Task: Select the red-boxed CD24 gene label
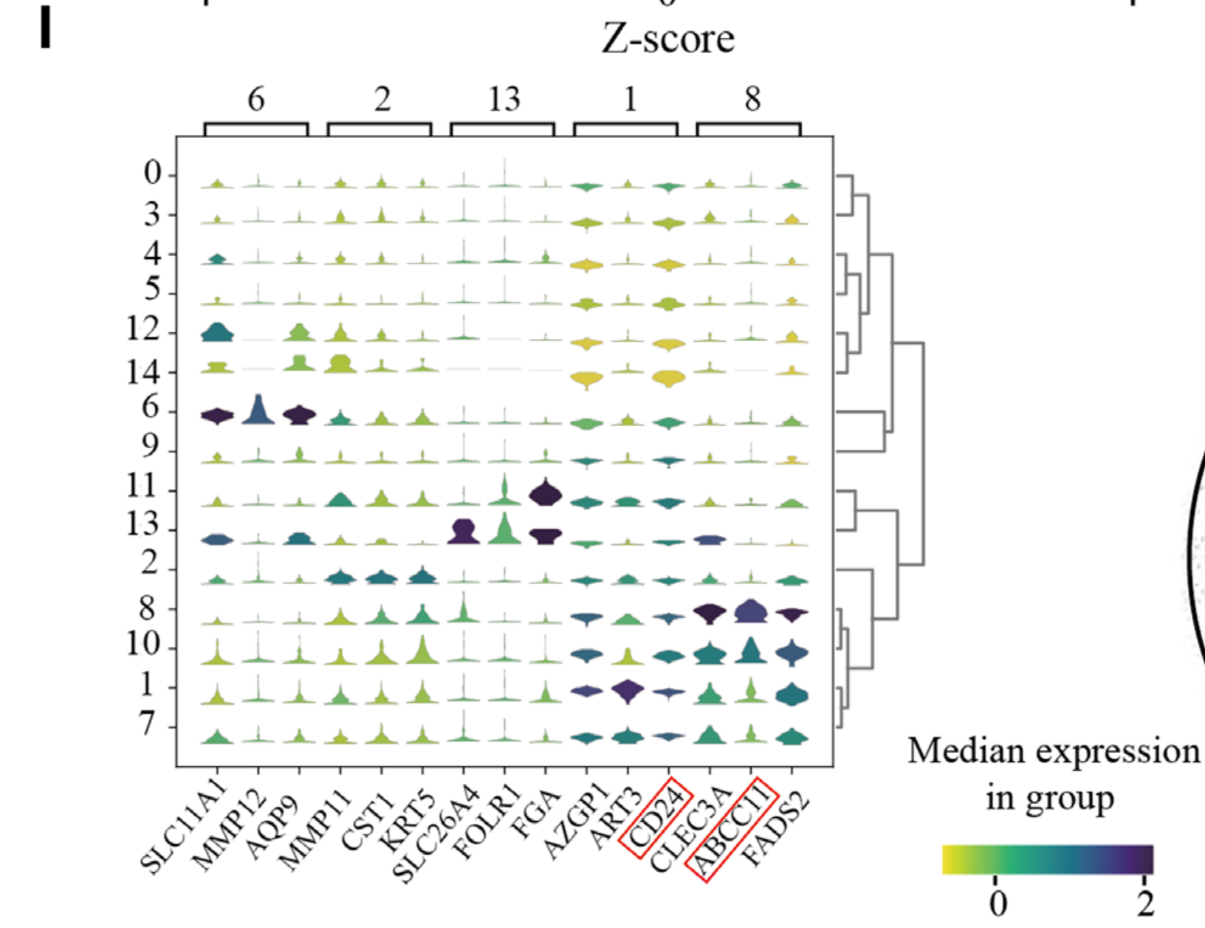[x=656, y=817]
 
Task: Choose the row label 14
[x=143, y=372]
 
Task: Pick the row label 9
[x=150, y=446]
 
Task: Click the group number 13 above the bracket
[x=504, y=99]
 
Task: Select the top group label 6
[x=255, y=99]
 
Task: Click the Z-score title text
[x=667, y=38]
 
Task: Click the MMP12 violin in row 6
[x=258, y=411]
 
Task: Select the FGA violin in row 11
[x=546, y=492]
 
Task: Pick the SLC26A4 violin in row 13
[x=464, y=532]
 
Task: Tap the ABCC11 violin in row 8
[x=751, y=612]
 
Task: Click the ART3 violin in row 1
[x=628, y=692]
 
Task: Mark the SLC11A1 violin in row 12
[x=217, y=332]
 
